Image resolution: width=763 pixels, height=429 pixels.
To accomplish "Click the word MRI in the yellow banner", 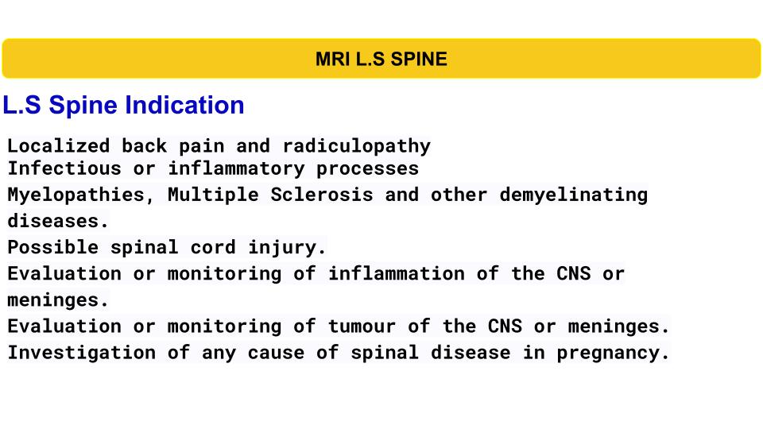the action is pyautogui.click(x=333, y=59).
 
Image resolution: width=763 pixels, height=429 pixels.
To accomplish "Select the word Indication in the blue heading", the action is pyautogui.click(x=184, y=105).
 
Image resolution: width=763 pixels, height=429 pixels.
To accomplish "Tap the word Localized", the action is pyautogui.click(x=58, y=145).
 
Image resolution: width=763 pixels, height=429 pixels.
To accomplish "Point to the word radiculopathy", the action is pyautogui.click(x=357, y=146).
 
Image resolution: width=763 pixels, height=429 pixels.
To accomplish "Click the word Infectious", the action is pyautogui.click(x=64, y=168).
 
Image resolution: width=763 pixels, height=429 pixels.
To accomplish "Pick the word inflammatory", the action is pyautogui.click(x=237, y=169).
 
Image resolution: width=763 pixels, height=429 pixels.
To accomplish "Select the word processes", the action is pyautogui.click(x=367, y=169).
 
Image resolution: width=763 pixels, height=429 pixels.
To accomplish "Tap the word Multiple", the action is pyautogui.click(x=213, y=195).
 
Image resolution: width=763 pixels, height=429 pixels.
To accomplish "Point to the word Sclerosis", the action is pyautogui.click(x=322, y=195).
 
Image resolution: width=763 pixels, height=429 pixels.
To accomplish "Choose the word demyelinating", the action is pyautogui.click(x=574, y=195).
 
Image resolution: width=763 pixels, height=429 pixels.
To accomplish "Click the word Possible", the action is pyautogui.click(x=52, y=247).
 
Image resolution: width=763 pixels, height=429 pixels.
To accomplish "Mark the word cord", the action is pyautogui.click(x=213, y=247).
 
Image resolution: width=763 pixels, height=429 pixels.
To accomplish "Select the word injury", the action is pyautogui.click(x=287, y=248).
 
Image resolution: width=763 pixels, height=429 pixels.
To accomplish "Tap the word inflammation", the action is pyautogui.click(x=397, y=273).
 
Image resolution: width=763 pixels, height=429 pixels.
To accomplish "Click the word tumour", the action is pyautogui.click(x=362, y=327).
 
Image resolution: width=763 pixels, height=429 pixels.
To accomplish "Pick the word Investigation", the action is pyautogui.click(x=82, y=353).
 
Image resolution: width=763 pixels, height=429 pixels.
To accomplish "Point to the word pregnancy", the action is pyautogui.click(x=613, y=353).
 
